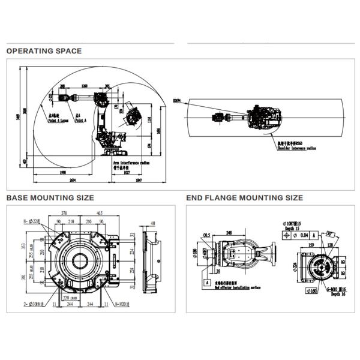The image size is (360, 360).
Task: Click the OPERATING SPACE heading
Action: click(44, 51)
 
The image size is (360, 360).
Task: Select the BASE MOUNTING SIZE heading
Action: click(50, 197)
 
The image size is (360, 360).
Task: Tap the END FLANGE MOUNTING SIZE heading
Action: click(244, 197)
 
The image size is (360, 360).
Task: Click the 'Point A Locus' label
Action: click(59, 120)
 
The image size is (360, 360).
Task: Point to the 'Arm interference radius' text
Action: click(130, 162)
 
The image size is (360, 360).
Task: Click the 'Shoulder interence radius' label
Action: click(296, 149)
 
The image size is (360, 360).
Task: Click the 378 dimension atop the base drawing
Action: click(64, 213)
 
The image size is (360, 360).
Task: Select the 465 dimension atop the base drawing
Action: click(98, 213)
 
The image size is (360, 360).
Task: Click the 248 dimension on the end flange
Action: click(229, 232)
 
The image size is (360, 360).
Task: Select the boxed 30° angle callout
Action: click(329, 235)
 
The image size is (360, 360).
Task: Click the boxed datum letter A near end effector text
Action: click(207, 281)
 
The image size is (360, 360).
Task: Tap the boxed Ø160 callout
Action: click(312, 292)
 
